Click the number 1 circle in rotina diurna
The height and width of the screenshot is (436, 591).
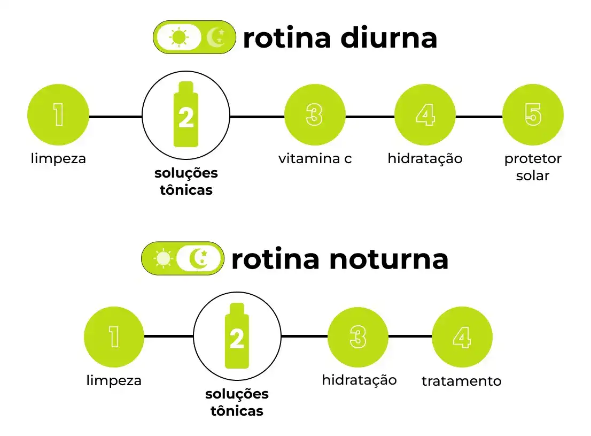point(58,115)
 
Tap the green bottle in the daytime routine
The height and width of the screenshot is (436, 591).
point(186,114)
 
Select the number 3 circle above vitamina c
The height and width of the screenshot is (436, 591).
point(315,115)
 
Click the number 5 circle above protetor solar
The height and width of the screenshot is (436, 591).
point(533,115)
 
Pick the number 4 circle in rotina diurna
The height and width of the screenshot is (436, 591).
point(425,115)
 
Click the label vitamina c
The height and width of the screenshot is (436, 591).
point(315,158)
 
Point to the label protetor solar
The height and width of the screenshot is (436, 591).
point(533,167)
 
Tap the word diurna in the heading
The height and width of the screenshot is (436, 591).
point(388,38)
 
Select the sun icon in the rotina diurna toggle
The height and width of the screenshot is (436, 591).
point(179,37)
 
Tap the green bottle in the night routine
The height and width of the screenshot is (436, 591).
point(237,335)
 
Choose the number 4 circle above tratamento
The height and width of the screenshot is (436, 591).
point(462,336)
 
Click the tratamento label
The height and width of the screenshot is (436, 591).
point(461,381)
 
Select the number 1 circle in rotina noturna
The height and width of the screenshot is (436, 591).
point(114,336)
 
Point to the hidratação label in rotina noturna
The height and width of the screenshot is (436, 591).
point(359,380)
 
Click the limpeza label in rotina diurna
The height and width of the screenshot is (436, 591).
point(58,158)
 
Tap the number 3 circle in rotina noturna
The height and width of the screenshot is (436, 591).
point(358,336)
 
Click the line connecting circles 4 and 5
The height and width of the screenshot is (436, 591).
point(479,117)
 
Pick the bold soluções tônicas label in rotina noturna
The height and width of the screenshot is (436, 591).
point(237,402)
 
